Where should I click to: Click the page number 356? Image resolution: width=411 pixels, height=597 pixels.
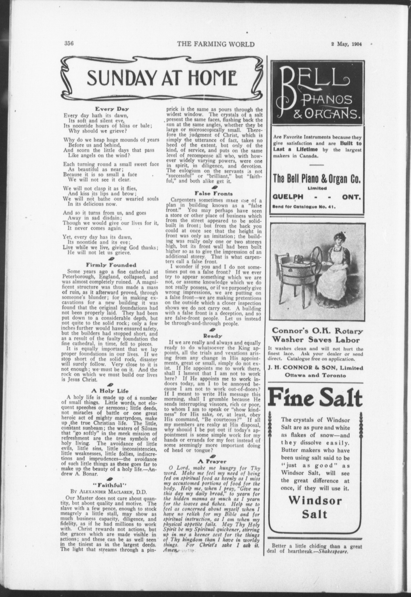pos(70,44)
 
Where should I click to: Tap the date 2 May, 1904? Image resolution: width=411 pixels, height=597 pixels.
pos(347,44)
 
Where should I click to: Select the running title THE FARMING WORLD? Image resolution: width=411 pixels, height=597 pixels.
pos(216,44)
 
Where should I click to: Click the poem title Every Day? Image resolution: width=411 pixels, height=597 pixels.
pos(111,109)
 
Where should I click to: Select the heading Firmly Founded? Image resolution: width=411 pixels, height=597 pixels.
pos(111,265)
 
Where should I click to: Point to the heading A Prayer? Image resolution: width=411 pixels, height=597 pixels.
pos(213,462)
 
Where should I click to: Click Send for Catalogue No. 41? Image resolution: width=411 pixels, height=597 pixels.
pos(304,207)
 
